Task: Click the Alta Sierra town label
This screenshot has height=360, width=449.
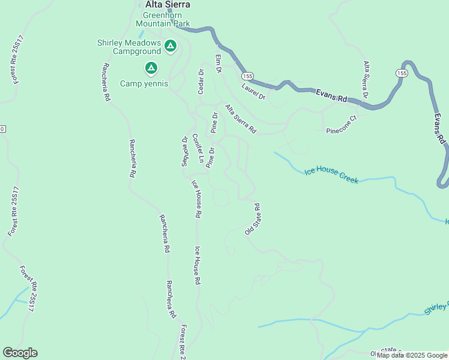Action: (x=167, y=5)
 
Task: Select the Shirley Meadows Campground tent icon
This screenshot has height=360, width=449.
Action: (x=170, y=45)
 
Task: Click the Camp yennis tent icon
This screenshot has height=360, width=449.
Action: (x=151, y=68)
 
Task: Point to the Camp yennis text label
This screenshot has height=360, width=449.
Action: (x=144, y=83)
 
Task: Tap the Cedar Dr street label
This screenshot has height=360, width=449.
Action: (x=201, y=81)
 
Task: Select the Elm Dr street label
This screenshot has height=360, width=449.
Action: (x=219, y=63)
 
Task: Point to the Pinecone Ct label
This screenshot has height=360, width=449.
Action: (x=342, y=124)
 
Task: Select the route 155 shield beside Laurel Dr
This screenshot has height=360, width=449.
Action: (x=247, y=76)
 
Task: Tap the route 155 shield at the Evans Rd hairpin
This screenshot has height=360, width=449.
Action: (x=400, y=72)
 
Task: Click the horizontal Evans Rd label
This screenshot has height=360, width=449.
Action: (x=333, y=97)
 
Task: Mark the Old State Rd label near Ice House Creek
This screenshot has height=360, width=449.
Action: (x=252, y=219)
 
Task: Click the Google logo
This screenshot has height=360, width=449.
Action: (x=20, y=353)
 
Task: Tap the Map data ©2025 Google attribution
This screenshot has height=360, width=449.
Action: (x=412, y=355)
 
